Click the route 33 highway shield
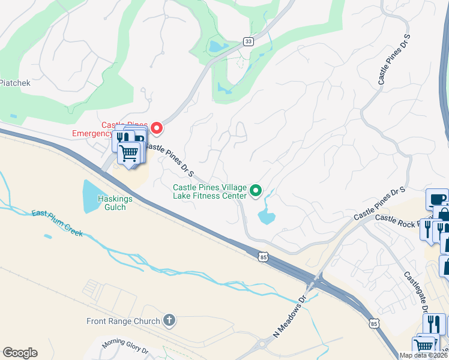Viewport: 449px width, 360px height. (248, 41)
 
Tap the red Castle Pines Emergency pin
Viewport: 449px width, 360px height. (157, 127)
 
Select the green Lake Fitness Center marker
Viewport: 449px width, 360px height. (256, 191)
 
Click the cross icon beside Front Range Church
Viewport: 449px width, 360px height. (169, 320)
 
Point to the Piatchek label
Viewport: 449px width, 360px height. (15, 83)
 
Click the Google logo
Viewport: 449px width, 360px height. (20, 353)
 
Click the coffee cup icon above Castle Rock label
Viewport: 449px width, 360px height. (436, 199)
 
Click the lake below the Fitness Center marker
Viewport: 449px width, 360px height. (265, 215)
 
